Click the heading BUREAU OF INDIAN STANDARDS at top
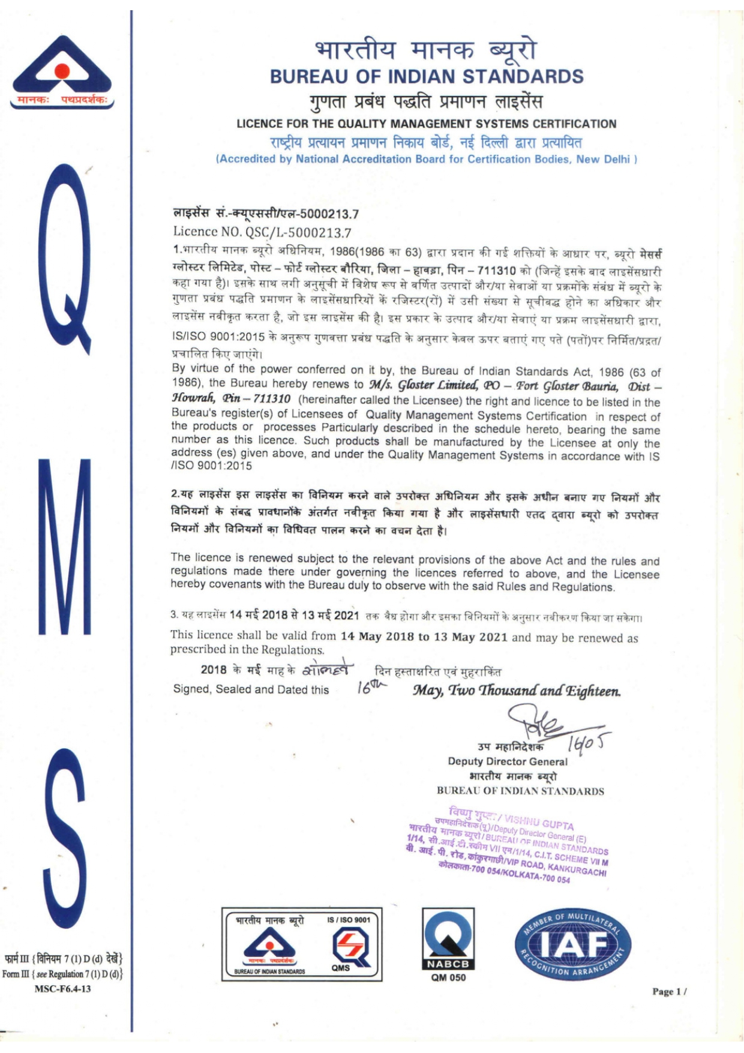(426, 77)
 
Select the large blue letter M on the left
(64, 545)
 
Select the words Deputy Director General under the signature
(507, 761)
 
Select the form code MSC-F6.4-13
(62, 988)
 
